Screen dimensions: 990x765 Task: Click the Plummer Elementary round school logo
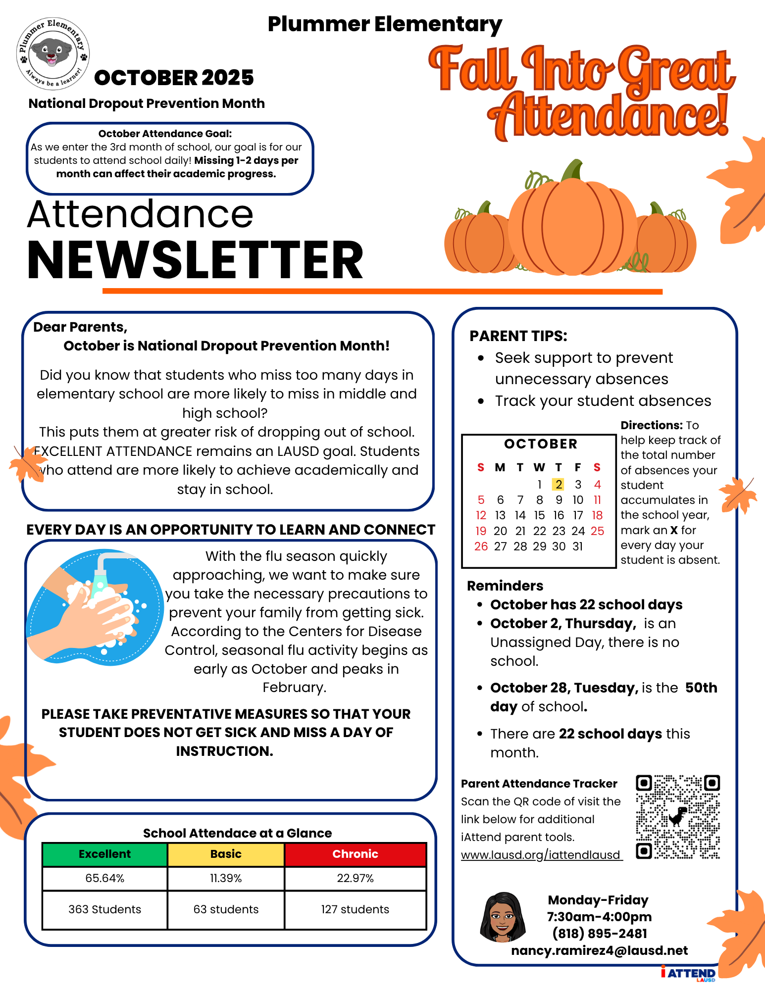click(x=53, y=53)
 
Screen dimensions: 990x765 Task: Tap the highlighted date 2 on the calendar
click(x=559, y=484)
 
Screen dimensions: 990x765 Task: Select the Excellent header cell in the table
click(x=104, y=854)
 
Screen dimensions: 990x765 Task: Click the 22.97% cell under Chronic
click(x=355, y=878)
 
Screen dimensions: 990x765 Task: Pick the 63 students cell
click(x=226, y=909)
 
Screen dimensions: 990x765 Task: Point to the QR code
click(x=677, y=817)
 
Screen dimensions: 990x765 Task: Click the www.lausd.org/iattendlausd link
click(x=541, y=855)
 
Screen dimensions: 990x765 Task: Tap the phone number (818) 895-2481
click(x=600, y=933)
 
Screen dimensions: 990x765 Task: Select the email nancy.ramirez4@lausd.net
click(x=599, y=950)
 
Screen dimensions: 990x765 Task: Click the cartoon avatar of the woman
click(x=503, y=917)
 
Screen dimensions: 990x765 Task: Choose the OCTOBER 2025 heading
click(x=174, y=78)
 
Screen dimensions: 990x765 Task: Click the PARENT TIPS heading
click(x=518, y=336)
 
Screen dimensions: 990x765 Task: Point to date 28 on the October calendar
click(x=520, y=546)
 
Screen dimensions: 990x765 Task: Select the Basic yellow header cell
click(x=226, y=854)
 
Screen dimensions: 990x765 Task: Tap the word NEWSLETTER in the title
click(x=195, y=260)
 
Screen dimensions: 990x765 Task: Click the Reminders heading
click(x=505, y=586)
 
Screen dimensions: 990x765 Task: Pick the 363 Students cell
click(x=104, y=909)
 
